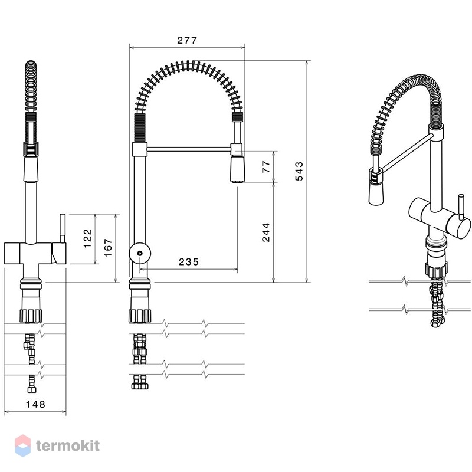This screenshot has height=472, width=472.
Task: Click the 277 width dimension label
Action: (x=187, y=40)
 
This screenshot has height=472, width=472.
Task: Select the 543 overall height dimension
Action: (x=299, y=171)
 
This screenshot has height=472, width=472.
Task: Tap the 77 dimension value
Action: (x=266, y=166)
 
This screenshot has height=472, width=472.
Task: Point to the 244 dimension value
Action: (x=266, y=232)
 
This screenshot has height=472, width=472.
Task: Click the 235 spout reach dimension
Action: (x=189, y=262)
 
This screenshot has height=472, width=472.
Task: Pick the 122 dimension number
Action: (x=87, y=238)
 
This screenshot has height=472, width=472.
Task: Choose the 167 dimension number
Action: (x=108, y=248)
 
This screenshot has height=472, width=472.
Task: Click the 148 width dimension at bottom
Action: (x=35, y=404)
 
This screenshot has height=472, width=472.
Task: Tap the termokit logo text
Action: (x=68, y=446)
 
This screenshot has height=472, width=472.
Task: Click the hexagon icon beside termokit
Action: (x=23, y=446)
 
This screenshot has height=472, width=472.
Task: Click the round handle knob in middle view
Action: (x=140, y=253)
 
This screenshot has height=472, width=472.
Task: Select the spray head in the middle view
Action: (x=238, y=169)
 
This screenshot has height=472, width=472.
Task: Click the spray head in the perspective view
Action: (x=376, y=194)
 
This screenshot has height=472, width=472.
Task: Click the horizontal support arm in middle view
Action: (x=189, y=149)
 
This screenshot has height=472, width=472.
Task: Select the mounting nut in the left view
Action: (x=31, y=316)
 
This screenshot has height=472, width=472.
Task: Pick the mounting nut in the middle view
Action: (x=139, y=316)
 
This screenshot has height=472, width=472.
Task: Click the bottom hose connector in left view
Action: (x=32, y=389)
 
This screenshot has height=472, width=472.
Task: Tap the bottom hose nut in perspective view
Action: (x=437, y=323)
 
